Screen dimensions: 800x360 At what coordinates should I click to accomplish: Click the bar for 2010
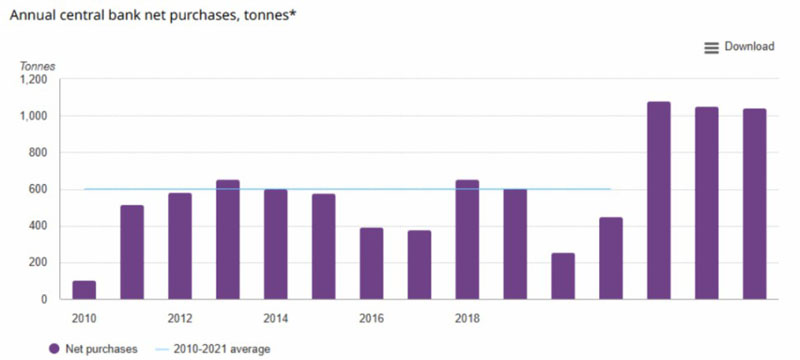[84, 290]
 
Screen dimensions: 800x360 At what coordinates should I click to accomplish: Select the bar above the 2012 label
[180, 246]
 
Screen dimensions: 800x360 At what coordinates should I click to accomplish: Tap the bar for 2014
[276, 244]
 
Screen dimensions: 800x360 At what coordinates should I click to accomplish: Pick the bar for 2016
[371, 263]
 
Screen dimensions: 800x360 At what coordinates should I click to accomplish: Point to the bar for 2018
[467, 239]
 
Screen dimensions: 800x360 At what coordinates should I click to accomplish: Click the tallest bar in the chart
[659, 200]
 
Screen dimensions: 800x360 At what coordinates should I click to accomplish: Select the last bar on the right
[755, 204]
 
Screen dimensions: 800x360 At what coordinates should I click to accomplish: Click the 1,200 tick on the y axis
[34, 80]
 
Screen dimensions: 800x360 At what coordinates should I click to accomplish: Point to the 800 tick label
[39, 152]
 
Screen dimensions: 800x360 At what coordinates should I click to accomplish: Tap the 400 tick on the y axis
[39, 226]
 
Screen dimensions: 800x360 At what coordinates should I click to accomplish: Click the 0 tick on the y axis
[44, 299]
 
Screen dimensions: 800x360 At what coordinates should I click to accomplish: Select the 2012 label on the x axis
[180, 319]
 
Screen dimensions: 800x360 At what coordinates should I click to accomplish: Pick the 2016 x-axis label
[371, 319]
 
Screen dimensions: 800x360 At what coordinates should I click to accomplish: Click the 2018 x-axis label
[467, 319]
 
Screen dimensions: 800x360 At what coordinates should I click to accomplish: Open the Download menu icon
[711, 48]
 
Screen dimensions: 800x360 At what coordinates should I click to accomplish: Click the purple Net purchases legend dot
[55, 349]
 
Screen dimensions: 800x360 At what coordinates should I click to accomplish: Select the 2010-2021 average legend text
[221, 349]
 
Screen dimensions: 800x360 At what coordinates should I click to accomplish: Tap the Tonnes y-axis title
[37, 66]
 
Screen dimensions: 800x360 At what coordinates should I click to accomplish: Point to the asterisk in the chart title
[293, 13]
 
